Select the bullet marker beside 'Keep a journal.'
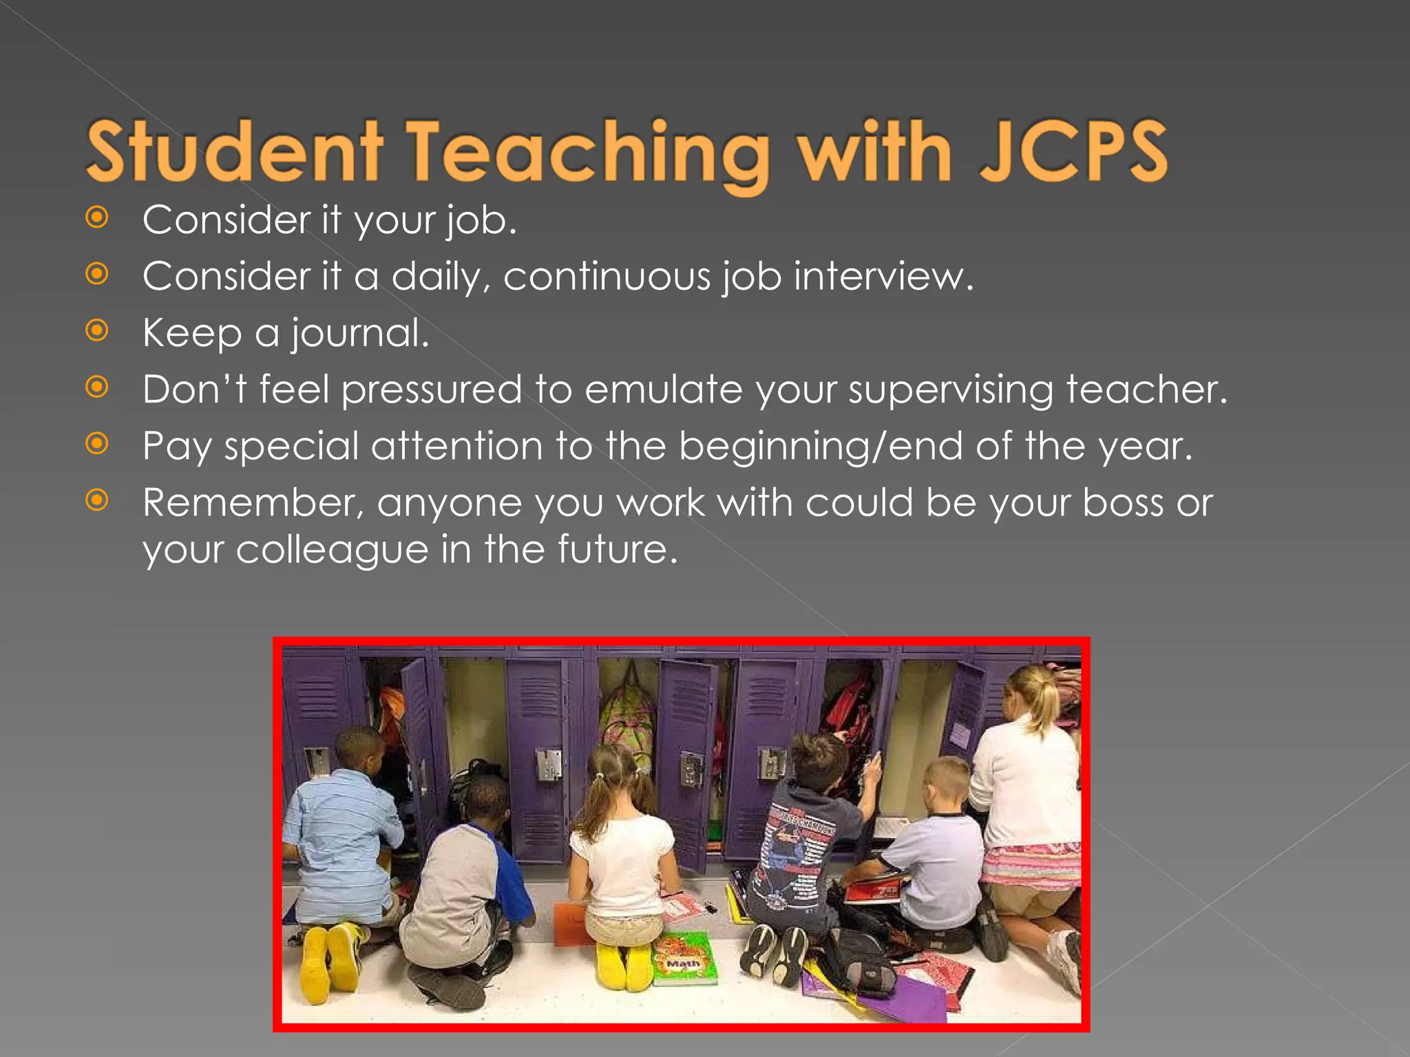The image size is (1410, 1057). point(97,331)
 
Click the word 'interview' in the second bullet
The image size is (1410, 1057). point(883,277)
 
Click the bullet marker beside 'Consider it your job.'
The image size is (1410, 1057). point(97,218)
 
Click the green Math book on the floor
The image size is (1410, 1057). point(684,958)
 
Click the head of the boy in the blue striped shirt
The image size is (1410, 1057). point(360,751)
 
